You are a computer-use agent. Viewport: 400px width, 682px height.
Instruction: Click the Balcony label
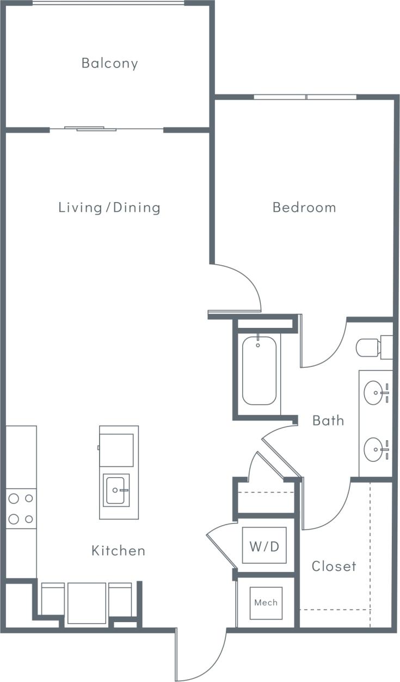[x=109, y=63]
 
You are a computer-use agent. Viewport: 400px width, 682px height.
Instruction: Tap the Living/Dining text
[x=109, y=208]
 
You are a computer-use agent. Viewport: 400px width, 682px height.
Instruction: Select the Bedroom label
[x=304, y=208]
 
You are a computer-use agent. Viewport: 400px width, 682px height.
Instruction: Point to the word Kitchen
[x=118, y=551]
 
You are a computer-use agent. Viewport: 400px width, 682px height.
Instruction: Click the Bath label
[x=328, y=421]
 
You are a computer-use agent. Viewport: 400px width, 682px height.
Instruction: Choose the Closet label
[x=334, y=567]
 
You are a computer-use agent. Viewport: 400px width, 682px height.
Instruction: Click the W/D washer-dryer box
[x=264, y=545]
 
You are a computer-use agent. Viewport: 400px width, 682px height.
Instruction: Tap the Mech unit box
[x=266, y=602]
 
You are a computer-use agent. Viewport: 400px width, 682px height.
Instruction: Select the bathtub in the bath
[x=259, y=370]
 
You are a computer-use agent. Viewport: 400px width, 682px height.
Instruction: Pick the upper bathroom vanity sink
[x=374, y=392]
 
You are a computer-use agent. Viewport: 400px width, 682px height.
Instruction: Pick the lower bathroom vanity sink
[x=374, y=449]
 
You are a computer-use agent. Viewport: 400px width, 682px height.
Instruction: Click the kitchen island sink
[x=117, y=490]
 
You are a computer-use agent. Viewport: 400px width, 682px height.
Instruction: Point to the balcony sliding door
[x=90, y=129]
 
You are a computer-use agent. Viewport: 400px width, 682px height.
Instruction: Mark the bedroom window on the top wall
[x=305, y=98]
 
